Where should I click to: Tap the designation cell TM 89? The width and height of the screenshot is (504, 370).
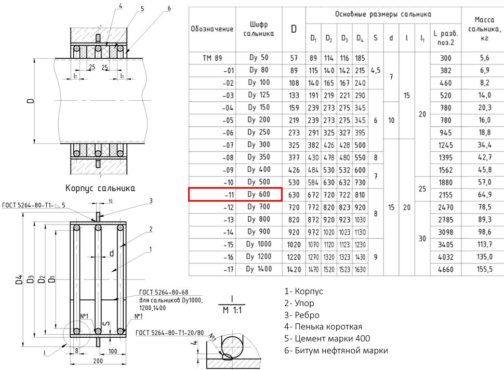click(212, 58)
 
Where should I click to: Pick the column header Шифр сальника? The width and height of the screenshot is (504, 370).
click(259, 29)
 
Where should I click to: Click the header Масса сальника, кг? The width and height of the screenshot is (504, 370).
click(484, 29)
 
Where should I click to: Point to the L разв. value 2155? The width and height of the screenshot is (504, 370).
click(445, 195)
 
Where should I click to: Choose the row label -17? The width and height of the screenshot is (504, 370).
click(229, 269)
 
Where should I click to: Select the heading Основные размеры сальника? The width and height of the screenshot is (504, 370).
click(383, 14)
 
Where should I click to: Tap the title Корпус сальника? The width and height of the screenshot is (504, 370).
click(100, 188)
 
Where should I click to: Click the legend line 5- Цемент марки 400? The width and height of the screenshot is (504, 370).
click(327, 338)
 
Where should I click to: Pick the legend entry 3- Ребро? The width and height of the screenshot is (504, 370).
click(302, 315)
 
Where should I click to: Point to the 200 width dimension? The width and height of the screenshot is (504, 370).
click(98, 361)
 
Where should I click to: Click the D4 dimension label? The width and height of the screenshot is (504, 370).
click(19, 280)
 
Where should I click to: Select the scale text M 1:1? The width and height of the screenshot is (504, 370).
click(232, 310)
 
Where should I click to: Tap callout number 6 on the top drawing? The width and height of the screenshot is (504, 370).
click(169, 8)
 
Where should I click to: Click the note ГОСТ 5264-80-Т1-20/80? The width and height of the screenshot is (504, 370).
click(170, 333)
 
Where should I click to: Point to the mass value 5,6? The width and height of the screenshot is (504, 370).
click(484, 58)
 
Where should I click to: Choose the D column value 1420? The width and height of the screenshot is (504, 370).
click(294, 269)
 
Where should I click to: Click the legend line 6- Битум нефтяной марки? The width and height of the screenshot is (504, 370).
click(336, 350)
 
